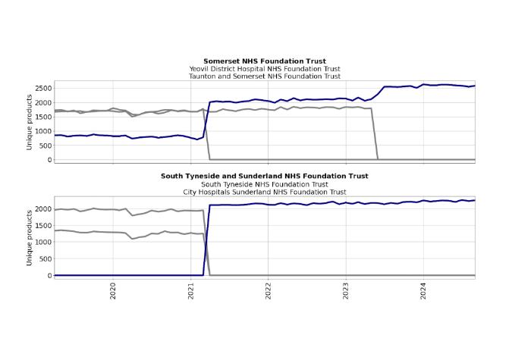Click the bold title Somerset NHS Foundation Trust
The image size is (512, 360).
pos(265,61)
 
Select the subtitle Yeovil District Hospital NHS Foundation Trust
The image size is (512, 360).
pos(265,68)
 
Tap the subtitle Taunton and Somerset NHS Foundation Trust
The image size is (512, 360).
pos(265,76)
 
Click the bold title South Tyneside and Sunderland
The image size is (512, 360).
pos(265,176)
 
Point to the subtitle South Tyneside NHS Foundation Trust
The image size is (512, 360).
pos(265,184)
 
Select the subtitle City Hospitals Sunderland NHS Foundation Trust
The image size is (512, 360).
pos(265,192)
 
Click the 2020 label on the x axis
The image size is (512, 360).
pos(113,290)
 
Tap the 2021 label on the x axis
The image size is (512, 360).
pos(191,290)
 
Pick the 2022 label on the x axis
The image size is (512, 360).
pos(269,290)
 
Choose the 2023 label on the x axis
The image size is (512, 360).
pos(346,290)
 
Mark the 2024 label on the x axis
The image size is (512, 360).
pos(423,290)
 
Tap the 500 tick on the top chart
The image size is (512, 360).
pos(45,146)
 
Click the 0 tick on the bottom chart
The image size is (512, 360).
pos(49,276)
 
